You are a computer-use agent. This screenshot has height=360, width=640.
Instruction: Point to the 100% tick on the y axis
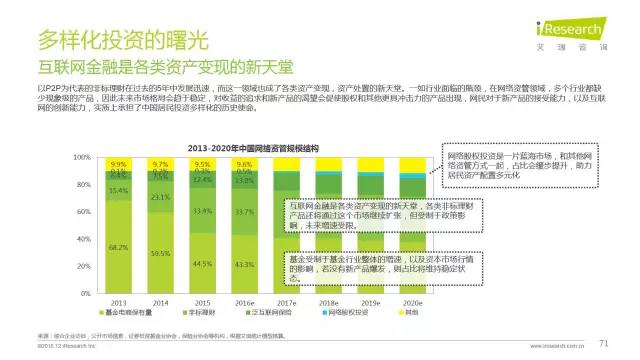(84, 158)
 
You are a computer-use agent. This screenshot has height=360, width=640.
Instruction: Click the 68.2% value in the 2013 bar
(119, 246)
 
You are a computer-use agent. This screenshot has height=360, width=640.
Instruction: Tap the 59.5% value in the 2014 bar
(160, 254)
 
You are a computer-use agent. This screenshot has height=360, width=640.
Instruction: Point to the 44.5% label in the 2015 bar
(201, 263)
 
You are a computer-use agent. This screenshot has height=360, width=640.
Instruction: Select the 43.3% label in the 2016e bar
(243, 263)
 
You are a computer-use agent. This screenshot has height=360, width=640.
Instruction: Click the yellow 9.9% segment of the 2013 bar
(119, 163)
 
